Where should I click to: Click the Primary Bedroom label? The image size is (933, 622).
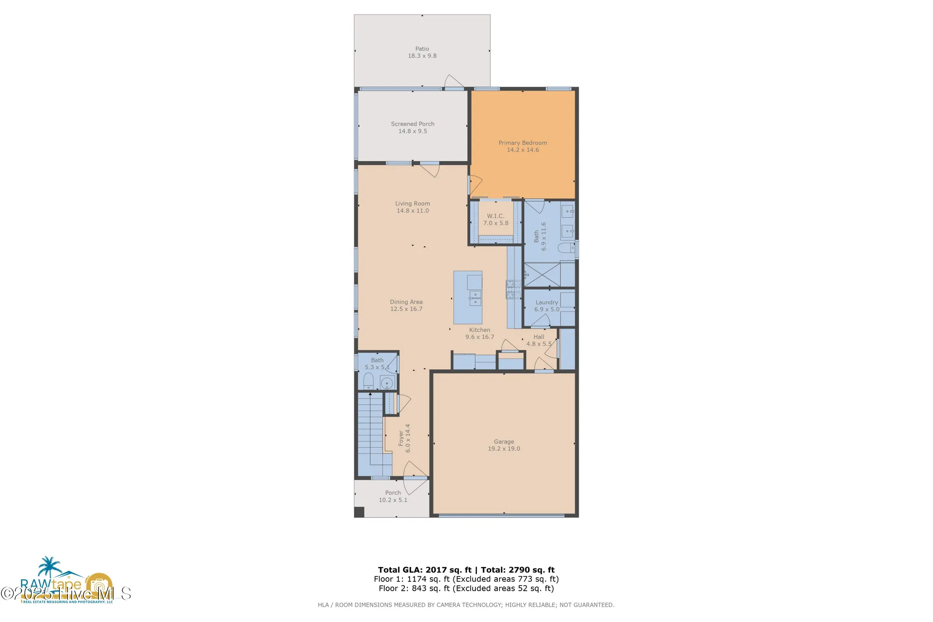point(522,143)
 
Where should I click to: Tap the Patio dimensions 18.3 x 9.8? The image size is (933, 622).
point(422,56)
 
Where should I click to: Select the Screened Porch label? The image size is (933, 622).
point(412,124)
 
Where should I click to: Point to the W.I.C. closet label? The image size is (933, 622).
point(495,216)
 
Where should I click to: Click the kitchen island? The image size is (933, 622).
point(467,297)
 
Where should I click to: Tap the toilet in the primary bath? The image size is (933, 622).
point(566,248)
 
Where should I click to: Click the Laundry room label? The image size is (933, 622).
point(546,302)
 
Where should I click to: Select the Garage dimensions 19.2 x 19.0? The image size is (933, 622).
point(504,449)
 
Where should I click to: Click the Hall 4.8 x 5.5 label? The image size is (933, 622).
point(539,340)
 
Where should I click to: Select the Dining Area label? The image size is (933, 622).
point(406,302)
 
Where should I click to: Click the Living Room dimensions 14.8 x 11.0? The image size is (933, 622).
point(412,211)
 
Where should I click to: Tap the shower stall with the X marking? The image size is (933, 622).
point(542,274)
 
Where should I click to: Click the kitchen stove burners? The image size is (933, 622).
point(513,289)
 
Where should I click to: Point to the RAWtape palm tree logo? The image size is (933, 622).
point(49,567)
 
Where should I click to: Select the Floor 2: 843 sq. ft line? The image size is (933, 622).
point(466,588)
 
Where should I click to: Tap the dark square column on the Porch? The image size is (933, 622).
point(359,512)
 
